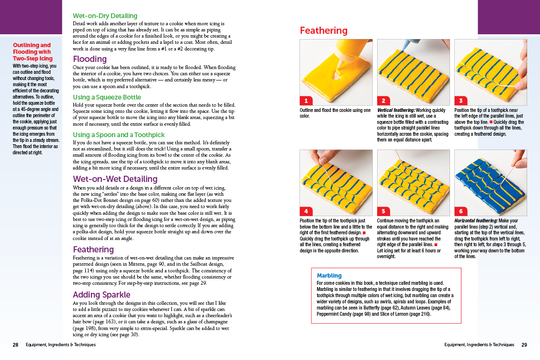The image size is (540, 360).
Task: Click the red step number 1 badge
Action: [305, 100]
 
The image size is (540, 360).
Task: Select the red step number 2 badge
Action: [383, 100]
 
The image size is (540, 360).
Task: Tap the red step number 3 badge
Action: [460, 100]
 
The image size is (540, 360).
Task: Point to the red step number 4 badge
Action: [305, 211]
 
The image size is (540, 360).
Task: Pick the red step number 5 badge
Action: [383, 211]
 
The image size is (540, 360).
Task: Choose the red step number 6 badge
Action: [460, 211]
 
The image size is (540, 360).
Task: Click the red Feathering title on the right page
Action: [323, 31]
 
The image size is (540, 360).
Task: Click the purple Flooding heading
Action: [90, 59]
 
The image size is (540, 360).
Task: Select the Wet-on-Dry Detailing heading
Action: [105, 16]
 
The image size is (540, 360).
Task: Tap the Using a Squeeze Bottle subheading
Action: [107, 97]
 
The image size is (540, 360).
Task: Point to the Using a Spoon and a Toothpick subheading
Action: [118, 135]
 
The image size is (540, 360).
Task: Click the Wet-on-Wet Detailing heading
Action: [115, 179]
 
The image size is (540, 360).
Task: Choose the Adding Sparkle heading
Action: [101, 295]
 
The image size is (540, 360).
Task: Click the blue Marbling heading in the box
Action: [329, 276]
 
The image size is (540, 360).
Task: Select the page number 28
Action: [15, 345]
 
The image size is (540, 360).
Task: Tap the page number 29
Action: [524, 345]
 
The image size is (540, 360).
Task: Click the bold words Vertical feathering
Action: [395, 110]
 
